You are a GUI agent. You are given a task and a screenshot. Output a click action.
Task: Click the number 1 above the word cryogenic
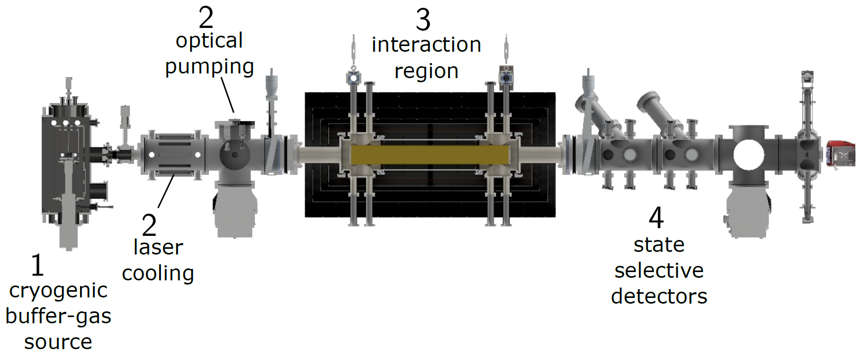click(37, 265)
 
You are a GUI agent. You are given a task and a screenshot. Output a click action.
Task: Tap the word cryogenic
click(58, 291)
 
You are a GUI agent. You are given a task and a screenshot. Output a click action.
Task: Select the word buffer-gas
click(58, 316)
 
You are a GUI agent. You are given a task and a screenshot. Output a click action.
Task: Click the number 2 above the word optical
click(206, 18)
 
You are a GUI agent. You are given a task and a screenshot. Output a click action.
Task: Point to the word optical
click(209, 41)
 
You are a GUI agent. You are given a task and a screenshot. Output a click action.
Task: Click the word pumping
click(209, 67)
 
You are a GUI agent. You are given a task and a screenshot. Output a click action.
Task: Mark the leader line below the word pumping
click(228, 95)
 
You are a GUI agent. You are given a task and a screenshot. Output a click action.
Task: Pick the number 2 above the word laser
click(149, 226)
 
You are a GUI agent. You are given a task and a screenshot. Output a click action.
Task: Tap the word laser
click(158, 248)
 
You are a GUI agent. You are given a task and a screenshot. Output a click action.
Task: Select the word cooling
click(158, 274)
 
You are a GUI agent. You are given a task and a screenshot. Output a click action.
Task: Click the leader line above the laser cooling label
click(166, 191)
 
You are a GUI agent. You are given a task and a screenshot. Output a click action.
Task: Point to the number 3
click(423, 20)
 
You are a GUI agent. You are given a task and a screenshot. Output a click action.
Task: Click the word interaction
click(426, 45)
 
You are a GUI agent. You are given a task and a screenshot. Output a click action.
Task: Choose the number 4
click(656, 218)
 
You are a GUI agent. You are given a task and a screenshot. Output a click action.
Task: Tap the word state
click(659, 245)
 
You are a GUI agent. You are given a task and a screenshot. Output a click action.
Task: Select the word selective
click(659, 271)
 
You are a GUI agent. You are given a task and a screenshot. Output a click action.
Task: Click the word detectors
click(659, 296)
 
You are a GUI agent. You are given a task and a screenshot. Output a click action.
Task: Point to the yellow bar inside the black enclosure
click(429, 155)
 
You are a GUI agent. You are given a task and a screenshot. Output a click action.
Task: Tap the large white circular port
click(748, 155)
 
